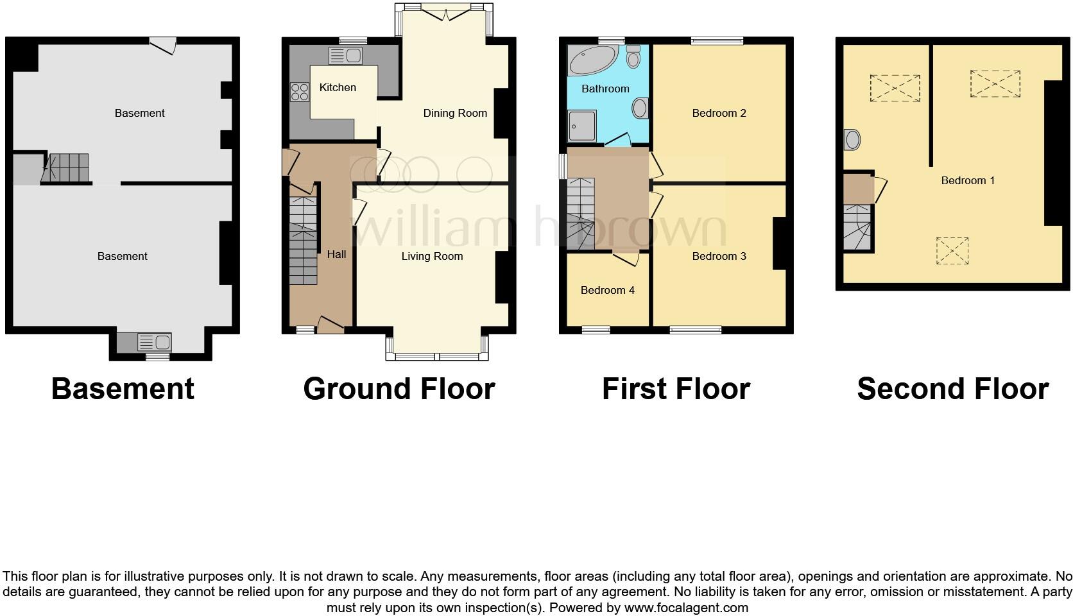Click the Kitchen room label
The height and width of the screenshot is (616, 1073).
(338, 87)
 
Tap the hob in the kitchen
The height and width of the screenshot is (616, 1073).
(300, 92)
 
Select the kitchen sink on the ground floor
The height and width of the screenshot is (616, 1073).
(345, 56)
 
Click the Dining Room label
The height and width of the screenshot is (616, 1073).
(455, 113)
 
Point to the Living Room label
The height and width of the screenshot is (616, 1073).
(432, 256)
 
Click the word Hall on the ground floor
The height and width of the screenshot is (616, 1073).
(336, 254)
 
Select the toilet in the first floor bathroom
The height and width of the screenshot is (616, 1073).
(633, 58)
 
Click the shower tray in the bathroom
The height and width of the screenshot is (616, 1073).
(582, 125)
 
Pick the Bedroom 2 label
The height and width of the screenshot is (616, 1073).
(719, 113)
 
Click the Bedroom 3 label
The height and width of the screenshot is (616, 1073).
(719, 256)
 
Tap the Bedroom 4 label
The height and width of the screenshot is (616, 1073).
(607, 290)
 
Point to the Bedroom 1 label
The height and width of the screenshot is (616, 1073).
(967, 180)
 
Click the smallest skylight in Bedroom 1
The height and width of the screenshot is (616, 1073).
(952, 250)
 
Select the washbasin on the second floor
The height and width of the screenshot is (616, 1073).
(852, 139)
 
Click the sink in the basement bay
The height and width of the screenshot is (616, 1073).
(153, 343)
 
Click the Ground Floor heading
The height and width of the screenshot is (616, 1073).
(399, 389)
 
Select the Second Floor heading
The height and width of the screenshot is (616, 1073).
(952, 389)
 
